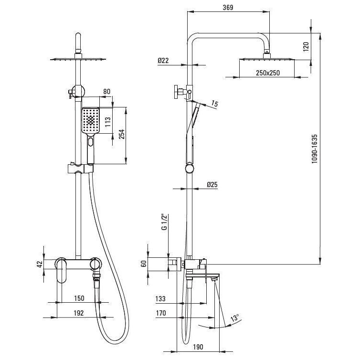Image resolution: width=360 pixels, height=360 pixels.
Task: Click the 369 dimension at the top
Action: click(228, 8)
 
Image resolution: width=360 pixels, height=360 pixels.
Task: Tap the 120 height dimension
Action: click(306, 47)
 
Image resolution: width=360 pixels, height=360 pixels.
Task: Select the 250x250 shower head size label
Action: click(268, 73)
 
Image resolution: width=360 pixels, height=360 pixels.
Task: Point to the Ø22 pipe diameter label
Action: click(163, 60)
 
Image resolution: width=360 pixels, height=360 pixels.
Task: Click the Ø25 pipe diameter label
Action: click(212, 184)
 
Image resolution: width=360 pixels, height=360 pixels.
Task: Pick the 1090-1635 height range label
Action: click(314, 149)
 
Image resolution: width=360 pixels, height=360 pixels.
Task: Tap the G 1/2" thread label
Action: click(164, 222)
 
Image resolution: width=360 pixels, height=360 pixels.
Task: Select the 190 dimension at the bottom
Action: click(198, 347)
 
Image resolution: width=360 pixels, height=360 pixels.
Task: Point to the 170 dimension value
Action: click(161, 313)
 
